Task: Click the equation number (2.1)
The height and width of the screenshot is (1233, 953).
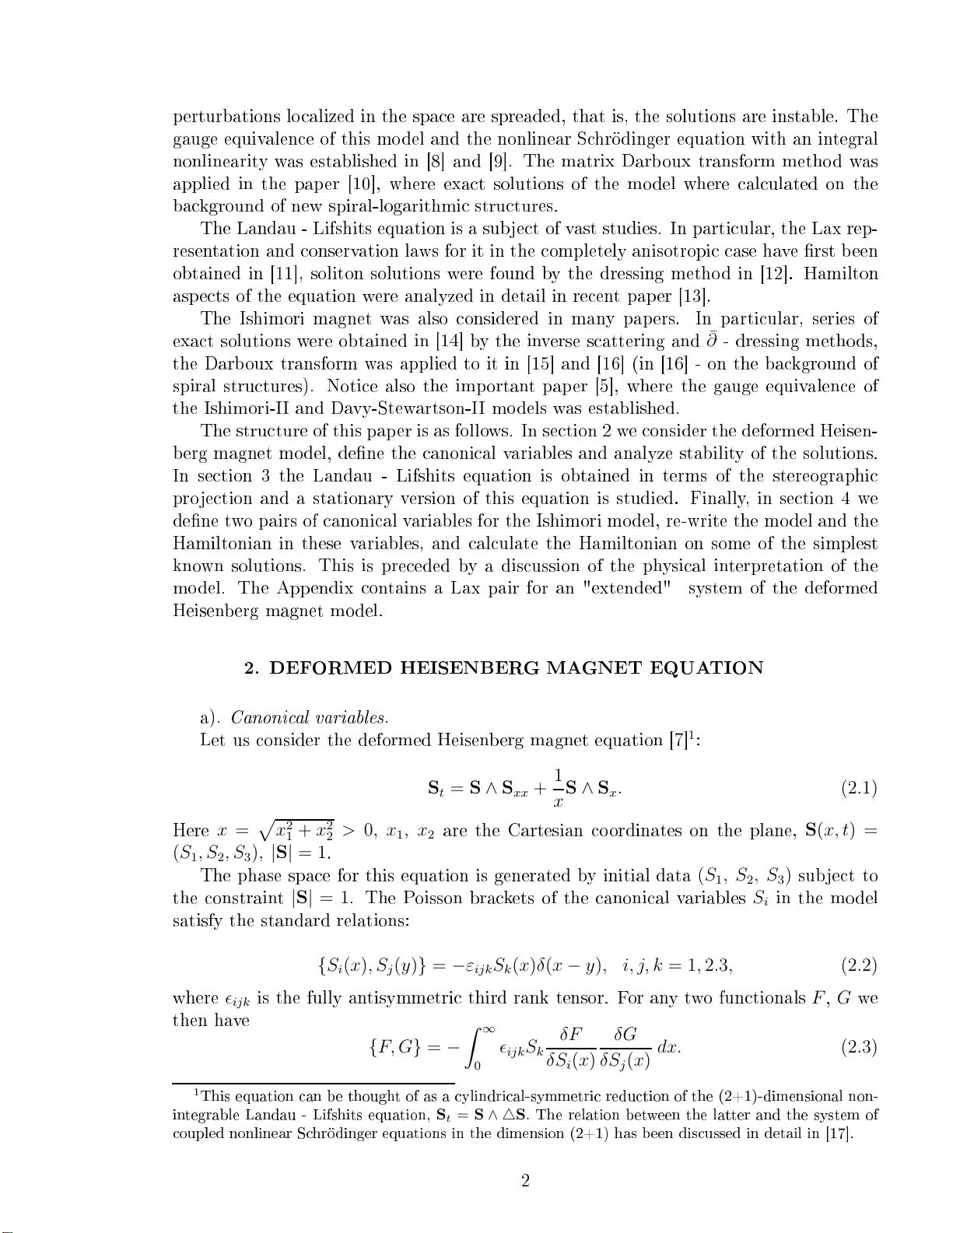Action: coord(859,789)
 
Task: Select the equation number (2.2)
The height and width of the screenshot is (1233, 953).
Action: coord(859,966)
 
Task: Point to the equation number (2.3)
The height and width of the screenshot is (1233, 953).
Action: coord(859,1048)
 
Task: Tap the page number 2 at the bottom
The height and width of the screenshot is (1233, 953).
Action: coord(525,1182)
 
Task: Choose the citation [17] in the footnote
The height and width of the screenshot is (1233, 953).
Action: coord(839,1133)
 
